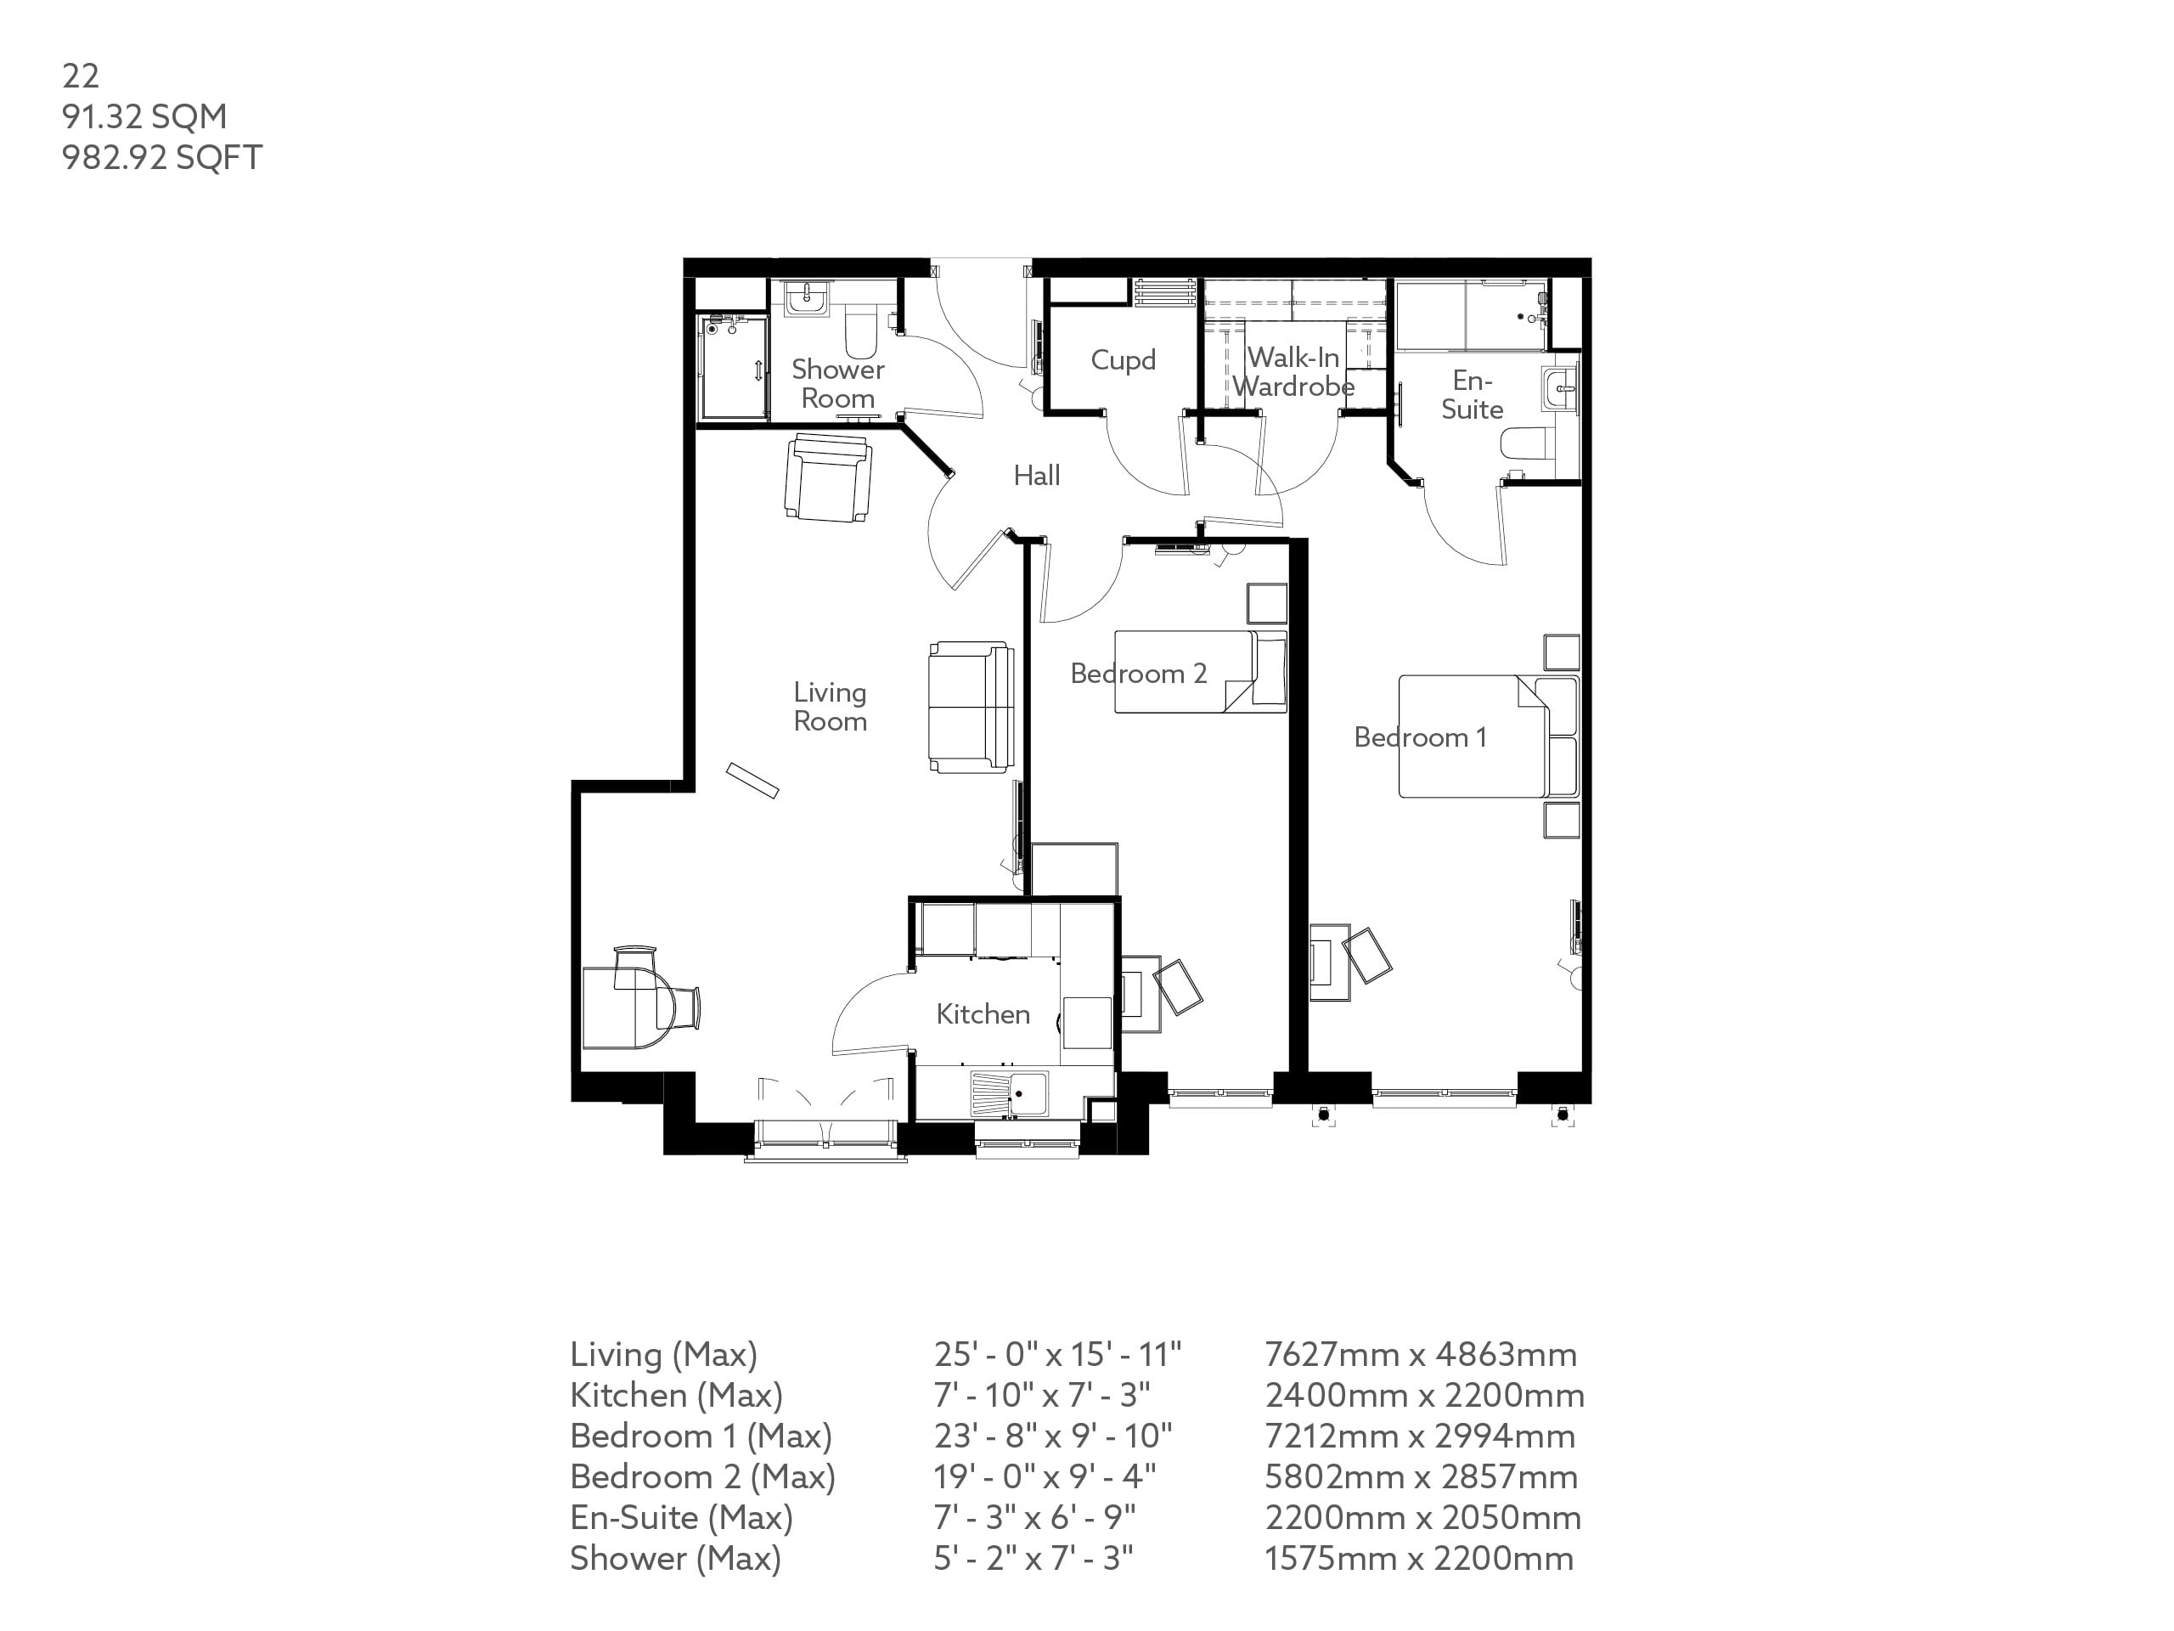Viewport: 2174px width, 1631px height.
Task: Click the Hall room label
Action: pos(1036,476)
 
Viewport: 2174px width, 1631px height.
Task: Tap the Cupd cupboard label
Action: pos(1123,360)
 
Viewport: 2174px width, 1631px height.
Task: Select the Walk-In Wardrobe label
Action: pos(1293,371)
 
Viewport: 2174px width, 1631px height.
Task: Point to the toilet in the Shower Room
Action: pos(861,332)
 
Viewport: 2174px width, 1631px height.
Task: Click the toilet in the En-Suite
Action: pos(1527,444)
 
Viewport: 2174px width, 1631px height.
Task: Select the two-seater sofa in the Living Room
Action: pos(970,707)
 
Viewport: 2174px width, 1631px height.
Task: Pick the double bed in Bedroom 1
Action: pos(1473,736)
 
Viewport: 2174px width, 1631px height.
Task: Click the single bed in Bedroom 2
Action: pos(1199,671)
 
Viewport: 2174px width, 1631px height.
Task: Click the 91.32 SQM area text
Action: pos(144,116)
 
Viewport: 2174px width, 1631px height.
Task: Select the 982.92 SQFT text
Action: pos(162,157)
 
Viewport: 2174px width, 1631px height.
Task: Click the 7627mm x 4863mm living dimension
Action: pos(1420,1355)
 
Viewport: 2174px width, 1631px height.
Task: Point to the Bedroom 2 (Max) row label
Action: pos(701,1476)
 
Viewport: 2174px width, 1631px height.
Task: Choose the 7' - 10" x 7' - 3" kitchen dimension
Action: pos(1042,1395)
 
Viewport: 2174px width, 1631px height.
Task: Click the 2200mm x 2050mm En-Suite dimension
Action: pos(1422,1518)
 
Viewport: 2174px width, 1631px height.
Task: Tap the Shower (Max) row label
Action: pos(675,1558)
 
